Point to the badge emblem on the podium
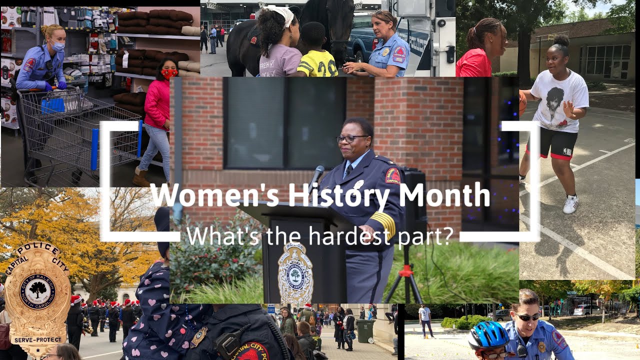click(295, 274)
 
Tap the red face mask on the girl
click(169, 73)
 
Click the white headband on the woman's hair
click(282, 14)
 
